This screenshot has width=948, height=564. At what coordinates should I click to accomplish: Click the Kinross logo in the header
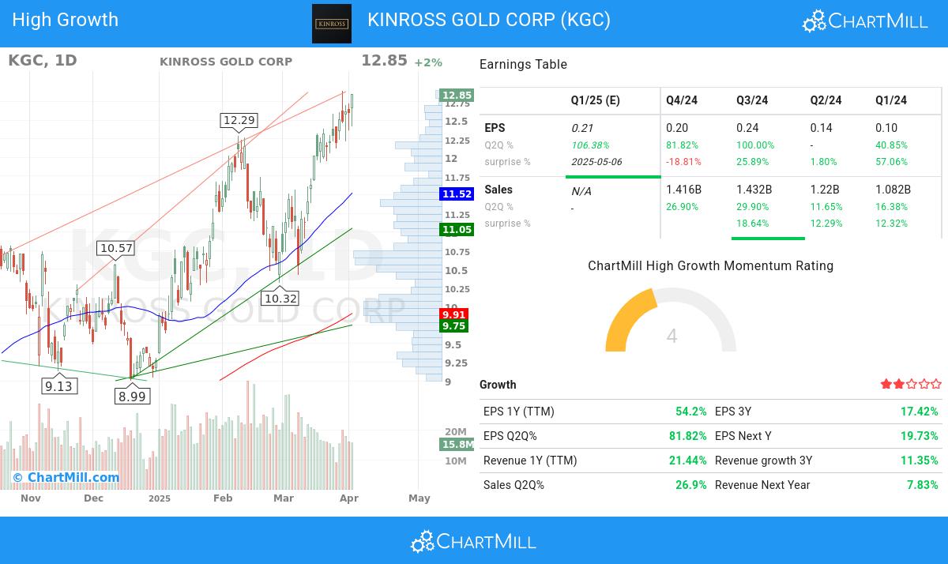pos(332,23)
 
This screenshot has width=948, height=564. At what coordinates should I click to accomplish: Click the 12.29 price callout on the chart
pos(239,120)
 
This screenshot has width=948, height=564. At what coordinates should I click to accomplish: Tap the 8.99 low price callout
pos(132,397)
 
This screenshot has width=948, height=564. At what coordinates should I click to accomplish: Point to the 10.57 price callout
pos(116,248)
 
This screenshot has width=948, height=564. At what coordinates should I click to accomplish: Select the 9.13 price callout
pos(58,386)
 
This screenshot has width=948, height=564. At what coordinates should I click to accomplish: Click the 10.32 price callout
pos(280,299)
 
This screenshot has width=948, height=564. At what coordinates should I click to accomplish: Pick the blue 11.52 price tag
pos(457,194)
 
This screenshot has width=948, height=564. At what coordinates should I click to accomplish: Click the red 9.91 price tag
pos(454,314)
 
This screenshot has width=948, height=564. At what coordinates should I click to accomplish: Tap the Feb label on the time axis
pos(223,498)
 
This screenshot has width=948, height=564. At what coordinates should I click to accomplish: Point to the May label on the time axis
pos(419,498)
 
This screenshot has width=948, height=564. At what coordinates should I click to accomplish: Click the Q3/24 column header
pos(752,100)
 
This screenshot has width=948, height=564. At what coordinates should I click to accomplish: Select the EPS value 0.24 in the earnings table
pos(747,128)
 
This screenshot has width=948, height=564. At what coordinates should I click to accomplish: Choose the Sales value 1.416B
pos(683,190)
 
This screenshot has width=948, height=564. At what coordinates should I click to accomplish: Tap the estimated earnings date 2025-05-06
pos(596,162)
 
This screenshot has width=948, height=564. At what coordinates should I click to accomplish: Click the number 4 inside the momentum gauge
pos(671,337)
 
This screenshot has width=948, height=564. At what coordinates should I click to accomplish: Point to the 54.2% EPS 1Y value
pos(690,412)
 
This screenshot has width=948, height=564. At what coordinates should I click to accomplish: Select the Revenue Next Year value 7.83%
pos(923,485)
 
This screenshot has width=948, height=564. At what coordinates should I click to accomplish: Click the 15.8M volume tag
pos(457,445)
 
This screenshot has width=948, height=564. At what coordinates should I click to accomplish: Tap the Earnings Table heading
pos(523,65)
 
